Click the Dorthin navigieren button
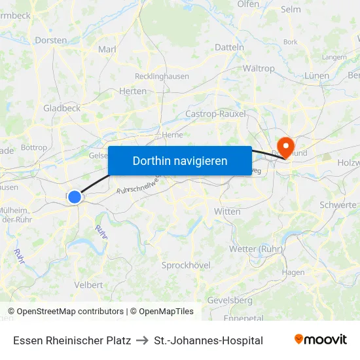[x=180, y=160]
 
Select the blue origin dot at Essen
[x=75, y=196]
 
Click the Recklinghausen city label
[x=161, y=77]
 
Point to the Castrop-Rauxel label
[x=215, y=114]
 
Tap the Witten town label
[x=227, y=211]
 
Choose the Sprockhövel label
[x=186, y=265]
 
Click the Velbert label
[x=88, y=285]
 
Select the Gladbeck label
[x=62, y=108]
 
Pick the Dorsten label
[x=50, y=40]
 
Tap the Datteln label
[x=229, y=47]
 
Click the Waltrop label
[x=259, y=68]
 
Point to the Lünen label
[x=317, y=75]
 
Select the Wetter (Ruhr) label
[x=256, y=249]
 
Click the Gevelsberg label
[x=230, y=300]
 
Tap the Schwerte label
[x=338, y=205]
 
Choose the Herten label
[x=134, y=91]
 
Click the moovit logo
[x=320, y=340]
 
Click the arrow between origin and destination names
[x=142, y=340]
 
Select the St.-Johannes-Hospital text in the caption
[x=208, y=340]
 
